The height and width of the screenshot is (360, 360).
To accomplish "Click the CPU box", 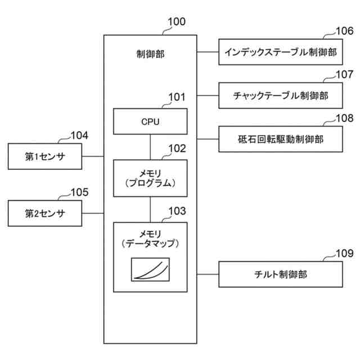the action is (x=150, y=121).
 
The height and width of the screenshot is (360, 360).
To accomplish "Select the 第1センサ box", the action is (x=45, y=156).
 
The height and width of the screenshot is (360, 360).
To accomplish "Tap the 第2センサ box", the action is (x=45, y=214).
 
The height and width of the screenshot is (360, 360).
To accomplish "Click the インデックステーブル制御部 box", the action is (x=281, y=52).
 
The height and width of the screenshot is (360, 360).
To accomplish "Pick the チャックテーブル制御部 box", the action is (x=281, y=96).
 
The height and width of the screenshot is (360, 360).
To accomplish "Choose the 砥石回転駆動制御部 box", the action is (x=281, y=139).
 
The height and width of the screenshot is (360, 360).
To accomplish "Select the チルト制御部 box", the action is (x=281, y=274).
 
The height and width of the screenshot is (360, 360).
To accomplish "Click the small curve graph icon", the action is (x=150, y=269).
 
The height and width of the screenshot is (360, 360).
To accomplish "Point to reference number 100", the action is (x=177, y=22).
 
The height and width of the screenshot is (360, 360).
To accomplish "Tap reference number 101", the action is (x=177, y=97).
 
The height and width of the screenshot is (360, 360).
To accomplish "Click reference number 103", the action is (x=177, y=211).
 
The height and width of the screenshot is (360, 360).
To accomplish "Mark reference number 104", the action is (x=79, y=136).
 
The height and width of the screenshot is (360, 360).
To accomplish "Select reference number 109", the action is (x=345, y=254).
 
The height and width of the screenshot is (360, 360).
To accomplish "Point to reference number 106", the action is (x=345, y=31).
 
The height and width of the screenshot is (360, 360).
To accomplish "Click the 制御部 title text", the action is (x=150, y=54).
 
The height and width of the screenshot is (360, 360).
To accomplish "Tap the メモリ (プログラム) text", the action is (x=150, y=178).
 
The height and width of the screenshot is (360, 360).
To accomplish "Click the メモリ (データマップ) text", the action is (x=150, y=239).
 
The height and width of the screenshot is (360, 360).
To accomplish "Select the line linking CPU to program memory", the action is (x=150, y=147).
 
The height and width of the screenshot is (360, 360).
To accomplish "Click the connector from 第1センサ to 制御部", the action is (x=93, y=156).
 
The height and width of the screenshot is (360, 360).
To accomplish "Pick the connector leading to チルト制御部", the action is (x=208, y=274).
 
